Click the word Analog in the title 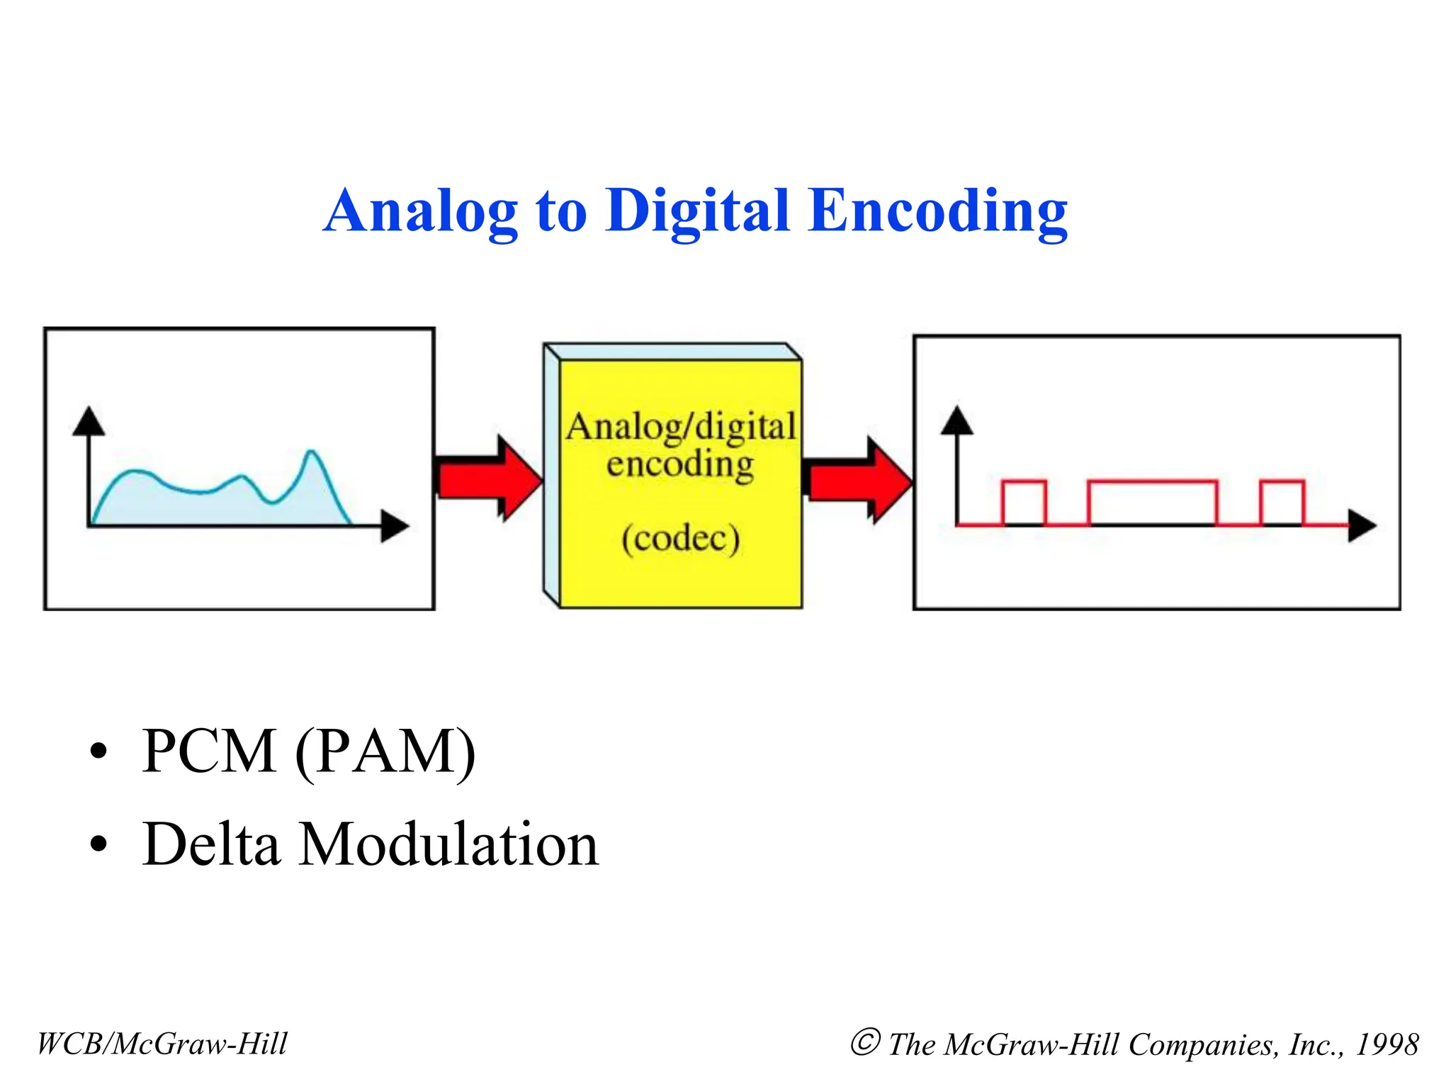(x=421, y=211)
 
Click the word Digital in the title (x=698, y=211)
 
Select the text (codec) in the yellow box (x=681, y=538)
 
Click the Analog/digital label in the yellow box (x=681, y=427)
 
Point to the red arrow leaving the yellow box (x=859, y=480)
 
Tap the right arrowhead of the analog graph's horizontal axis (x=395, y=526)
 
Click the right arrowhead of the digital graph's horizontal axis (x=1361, y=526)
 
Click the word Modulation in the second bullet (x=448, y=844)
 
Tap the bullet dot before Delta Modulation (x=99, y=844)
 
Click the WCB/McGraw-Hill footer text (x=162, y=1044)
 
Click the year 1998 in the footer (x=1387, y=1044)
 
